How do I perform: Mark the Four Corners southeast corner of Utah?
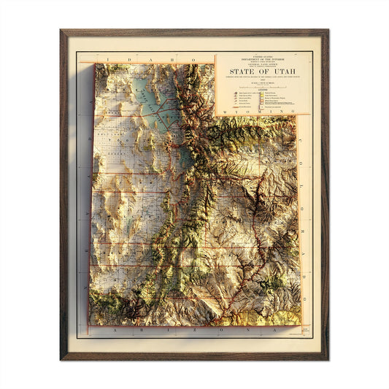point(300,324)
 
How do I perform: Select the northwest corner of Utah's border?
point(93,64)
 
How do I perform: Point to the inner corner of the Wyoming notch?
point(215,115)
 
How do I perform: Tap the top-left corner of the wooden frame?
point(61,31)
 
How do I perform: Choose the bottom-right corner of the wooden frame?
point(328,359)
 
